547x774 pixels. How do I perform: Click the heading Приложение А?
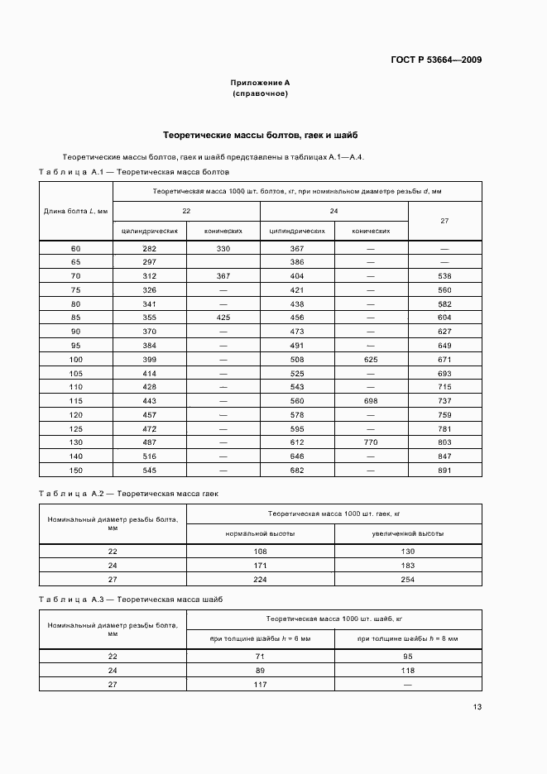point(260,84)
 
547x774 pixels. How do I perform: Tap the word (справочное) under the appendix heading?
point(260,94)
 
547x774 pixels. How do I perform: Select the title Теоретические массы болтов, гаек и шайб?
point(260,134)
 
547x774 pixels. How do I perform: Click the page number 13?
point(477,706)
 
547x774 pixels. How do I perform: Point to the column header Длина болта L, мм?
point(76,211)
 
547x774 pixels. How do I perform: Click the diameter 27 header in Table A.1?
point(444,221)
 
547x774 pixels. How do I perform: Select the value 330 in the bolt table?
point(223,248)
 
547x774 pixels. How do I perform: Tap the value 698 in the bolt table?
point(371,399)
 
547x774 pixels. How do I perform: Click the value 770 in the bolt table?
point(371,443)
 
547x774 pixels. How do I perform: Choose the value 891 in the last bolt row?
point(444,470)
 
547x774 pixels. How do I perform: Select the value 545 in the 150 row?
point(149,470)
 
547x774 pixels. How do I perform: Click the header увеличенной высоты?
point(408,533)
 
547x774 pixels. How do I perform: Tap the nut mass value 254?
point(408,580)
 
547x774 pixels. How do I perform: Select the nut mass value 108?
point(260,551)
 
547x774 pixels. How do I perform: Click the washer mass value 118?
point(408,670)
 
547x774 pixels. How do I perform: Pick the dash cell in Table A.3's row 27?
point(408,684)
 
